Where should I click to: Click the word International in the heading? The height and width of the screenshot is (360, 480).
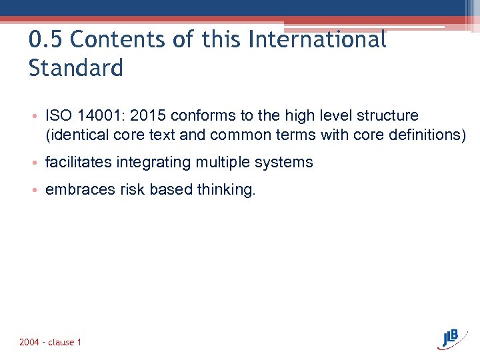tap(317, 40)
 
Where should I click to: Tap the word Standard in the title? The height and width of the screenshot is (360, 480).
tap(76, 68)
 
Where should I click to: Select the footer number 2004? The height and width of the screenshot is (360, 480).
tap(29, 343)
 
